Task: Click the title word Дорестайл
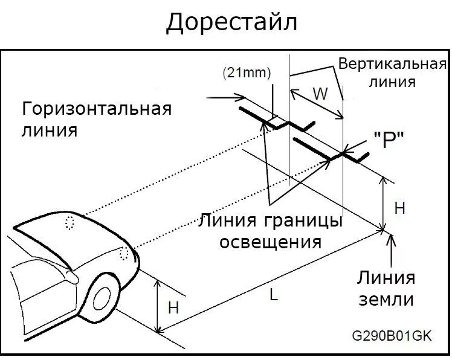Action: coord(232,22)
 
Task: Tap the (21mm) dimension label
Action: coord(247,72)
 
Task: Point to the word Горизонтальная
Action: coord(97,109)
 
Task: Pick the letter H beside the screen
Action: coord(399,208)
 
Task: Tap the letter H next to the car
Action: coord(173,307)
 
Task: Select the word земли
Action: coord(386,300)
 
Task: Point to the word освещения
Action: coord(270,242)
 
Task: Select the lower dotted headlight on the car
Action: coord(124,253)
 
